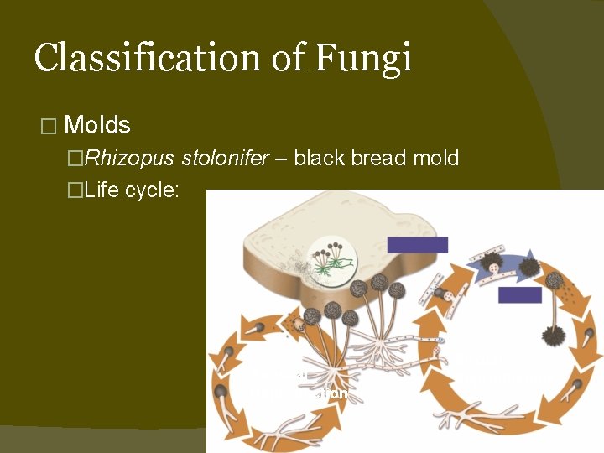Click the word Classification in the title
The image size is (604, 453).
click(159, 58)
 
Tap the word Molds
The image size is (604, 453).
click(97, 126)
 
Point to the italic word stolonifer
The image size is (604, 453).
click(211, 158)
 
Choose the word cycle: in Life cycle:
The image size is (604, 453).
click(153, 190)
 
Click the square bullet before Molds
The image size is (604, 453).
click(47, 127)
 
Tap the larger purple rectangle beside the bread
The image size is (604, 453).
click(418, 244)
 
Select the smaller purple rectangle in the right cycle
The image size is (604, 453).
click(519, 294)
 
